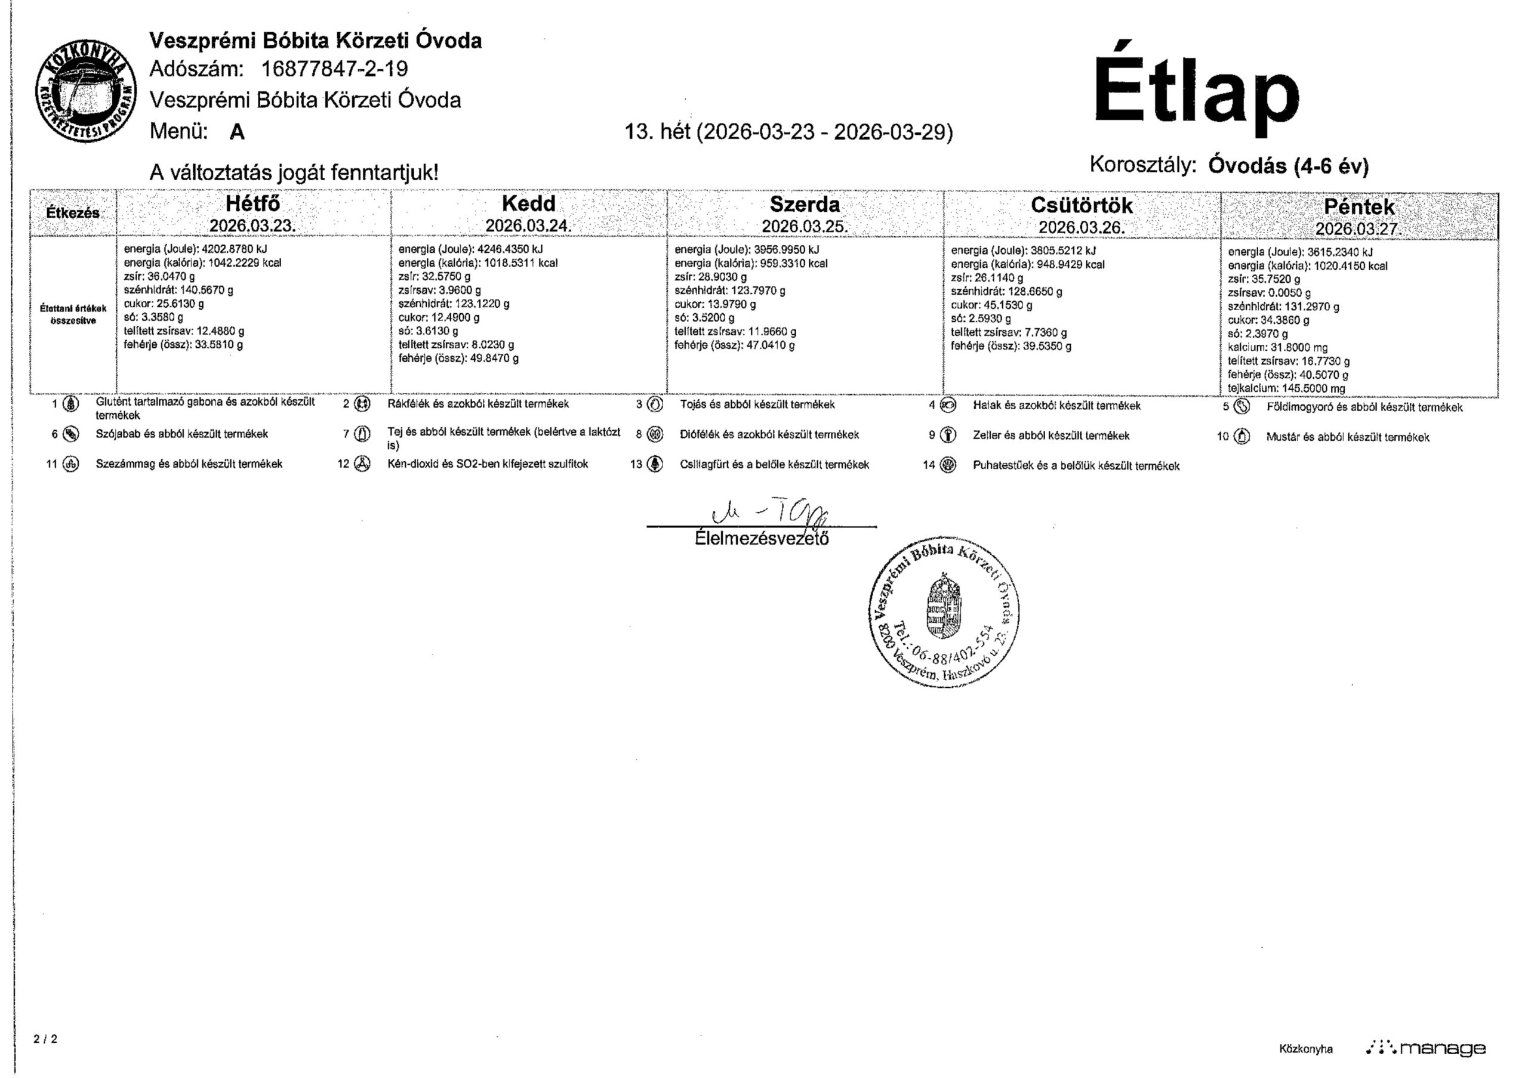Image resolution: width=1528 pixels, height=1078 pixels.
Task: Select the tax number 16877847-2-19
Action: pyautogui.click(x=335, y=69)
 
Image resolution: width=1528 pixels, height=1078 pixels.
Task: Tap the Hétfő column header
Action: pyautogui.click(x=253, y=203)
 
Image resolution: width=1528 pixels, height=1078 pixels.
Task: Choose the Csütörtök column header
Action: pyautogui.click(x=1082, y=205)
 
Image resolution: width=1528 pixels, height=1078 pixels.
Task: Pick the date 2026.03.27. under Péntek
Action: pyautogui.click(x=1358, y=228)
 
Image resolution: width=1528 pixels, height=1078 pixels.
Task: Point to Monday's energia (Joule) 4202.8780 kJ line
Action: pyautogui.click(x=196, y=249)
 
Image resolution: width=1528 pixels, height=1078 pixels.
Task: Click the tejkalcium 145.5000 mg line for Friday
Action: pyautogui.click(x=1286, y=388)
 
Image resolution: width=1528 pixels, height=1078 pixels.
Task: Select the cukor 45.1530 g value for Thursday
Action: pyautogui.click(x=991, y=305)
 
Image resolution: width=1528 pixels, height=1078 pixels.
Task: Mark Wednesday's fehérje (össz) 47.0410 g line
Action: pyautogui.click(x=735, y=345)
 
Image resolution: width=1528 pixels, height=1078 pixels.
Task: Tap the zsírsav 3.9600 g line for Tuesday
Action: pyautogui.click(x=439, y=290)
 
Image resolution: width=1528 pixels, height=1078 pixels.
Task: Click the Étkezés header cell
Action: pyautogui.click(x=73, y=213)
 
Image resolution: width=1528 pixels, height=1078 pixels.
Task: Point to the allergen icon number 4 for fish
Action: pyautogui.click(x=948, y=405)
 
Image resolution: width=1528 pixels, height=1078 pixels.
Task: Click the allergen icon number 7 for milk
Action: pyautogui.click(x=362, y=434)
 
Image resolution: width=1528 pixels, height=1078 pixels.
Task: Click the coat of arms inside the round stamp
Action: pyautogui.click(x=944, y=607)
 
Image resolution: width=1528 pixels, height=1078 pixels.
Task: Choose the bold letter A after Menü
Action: pyautogui.click(x=236, y=132)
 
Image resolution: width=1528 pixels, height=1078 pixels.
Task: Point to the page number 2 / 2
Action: pyautogui.click(x=45, y=1039)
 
